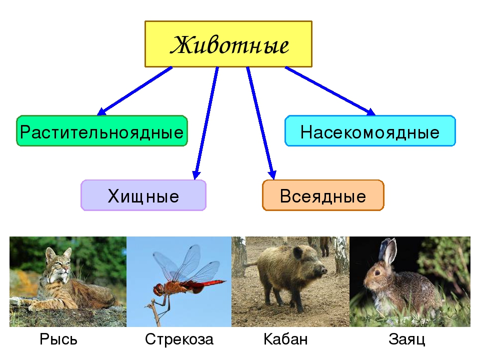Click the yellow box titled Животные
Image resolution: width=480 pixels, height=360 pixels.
coord(228,44)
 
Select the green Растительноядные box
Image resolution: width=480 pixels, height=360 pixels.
coord(102,131)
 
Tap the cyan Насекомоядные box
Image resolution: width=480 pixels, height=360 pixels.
coord(370,131)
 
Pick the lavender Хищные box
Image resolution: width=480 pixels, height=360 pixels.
coord(143,195)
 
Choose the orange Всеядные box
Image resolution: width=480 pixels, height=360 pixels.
coord(323,195)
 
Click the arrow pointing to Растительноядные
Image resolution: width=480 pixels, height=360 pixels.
coord(134,91)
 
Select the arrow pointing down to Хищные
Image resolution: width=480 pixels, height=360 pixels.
coord(206,123)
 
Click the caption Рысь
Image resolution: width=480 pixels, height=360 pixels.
coord(58,339)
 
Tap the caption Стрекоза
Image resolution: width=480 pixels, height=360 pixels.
coord(179,339)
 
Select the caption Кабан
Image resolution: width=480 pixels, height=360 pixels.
coord(285,339)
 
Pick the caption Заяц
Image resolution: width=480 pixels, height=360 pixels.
coord(407,339)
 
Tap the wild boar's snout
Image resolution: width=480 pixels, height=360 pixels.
coord(321,270)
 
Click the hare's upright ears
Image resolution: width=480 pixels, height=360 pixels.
coord(387,251)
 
